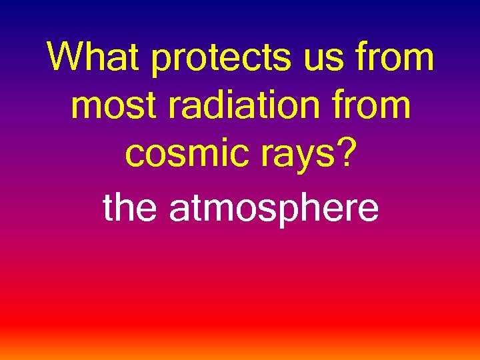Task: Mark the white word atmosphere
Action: click(x=273, y=209)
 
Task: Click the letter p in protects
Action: click(x=161, y=63)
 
